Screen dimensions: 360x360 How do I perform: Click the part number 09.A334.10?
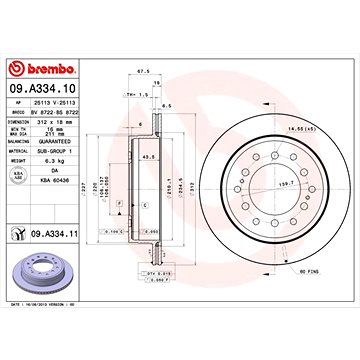pyautogui.click(x=43, y=90)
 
